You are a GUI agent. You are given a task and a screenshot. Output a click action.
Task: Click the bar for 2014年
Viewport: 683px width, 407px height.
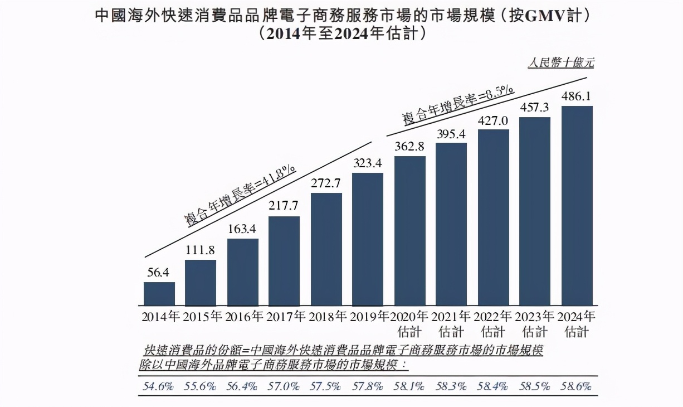point(159,293)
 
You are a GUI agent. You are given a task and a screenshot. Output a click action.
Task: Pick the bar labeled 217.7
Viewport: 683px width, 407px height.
point(284,260)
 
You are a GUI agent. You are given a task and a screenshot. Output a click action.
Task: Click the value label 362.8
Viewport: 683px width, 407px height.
point(409,147)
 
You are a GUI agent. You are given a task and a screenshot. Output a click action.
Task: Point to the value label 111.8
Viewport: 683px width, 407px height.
point(201,251)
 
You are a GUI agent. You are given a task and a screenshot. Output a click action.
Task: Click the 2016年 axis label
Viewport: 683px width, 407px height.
point(244,317)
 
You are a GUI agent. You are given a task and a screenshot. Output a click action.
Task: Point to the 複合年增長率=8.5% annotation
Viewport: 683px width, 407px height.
point(458,105)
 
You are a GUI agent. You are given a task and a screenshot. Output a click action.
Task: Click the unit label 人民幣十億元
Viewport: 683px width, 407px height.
point(560,63)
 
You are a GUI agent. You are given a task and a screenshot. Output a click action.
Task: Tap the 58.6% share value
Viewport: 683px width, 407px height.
point(577,386)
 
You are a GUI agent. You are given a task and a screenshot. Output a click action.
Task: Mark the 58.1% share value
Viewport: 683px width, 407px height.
point(409,386)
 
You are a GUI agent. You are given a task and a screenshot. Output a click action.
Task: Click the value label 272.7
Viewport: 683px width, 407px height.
point(326,183)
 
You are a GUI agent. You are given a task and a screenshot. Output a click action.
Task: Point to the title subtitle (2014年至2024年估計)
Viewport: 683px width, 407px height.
point(342,34)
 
